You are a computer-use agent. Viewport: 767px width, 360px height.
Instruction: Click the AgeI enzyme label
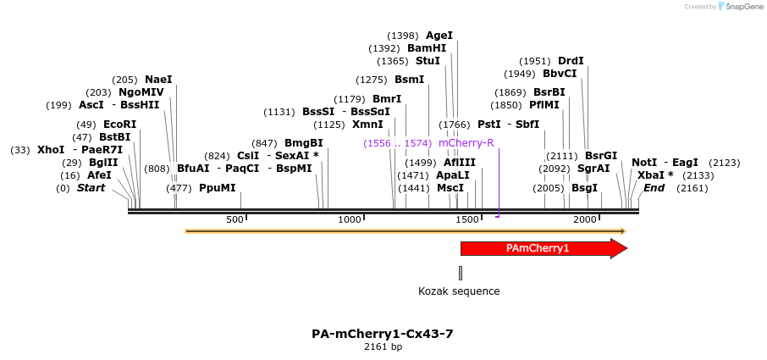point(439,36)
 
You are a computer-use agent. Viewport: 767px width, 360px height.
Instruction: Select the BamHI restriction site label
point(427,48)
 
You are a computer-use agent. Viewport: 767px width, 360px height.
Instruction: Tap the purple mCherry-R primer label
point(466,143)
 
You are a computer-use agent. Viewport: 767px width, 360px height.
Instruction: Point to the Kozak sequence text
point(459,291)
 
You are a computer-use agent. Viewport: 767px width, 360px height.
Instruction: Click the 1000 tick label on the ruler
point(350,219)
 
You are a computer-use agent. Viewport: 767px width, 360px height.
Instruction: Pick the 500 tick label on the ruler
point(235,219)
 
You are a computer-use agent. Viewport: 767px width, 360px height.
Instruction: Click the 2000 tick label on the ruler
point(585,219)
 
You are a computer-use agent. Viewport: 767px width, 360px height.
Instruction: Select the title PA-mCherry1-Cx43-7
point(383,334)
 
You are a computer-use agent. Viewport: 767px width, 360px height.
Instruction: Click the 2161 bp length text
point(383,346)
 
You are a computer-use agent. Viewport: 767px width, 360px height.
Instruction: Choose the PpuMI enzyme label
point(218,188)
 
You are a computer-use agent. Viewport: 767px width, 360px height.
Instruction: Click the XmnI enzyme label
point(367,125)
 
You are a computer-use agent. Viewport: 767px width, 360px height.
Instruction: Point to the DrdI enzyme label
point(571,61)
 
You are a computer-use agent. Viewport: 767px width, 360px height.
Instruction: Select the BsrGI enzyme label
point(601,156)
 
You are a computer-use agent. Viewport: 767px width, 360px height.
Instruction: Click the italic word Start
point(91,188)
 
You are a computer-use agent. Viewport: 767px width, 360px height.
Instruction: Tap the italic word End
point(654,188)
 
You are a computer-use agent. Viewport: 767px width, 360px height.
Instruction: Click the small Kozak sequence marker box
point(461,273)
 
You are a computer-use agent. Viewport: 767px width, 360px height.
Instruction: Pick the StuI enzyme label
point(428,61)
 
